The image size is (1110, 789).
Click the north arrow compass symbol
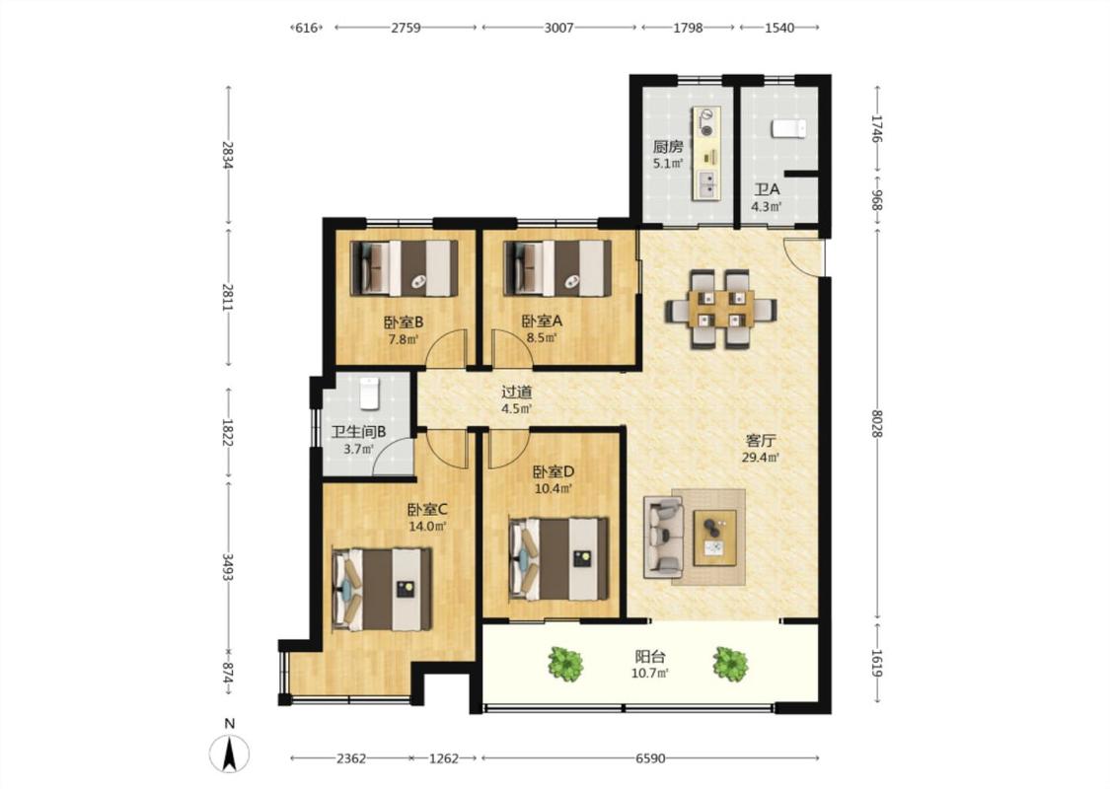[x=229, y=753]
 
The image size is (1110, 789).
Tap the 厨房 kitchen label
[x=668, y=147]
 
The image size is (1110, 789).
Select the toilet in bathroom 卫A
[x=788, y=128]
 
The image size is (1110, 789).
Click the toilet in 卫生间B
[x=370, y=394]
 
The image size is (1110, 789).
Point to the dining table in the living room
[x=720, y=310]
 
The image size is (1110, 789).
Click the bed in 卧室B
[x=405, y=268]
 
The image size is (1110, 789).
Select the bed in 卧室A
[x=557, y=268]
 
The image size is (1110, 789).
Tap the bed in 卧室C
[x=382, y=590]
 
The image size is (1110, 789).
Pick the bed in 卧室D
[x=558, y=559]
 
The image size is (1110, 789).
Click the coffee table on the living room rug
[x=714, y=538]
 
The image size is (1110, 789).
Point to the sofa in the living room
[x=663, y=537]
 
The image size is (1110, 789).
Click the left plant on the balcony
[x=565, y=664]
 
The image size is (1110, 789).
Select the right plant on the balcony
[x=730, y=664]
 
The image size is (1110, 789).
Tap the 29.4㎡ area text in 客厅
[x=761, y=458]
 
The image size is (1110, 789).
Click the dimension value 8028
[x=877, y=423]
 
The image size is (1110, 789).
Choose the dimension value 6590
[x=650, y=758]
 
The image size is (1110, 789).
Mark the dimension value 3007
[x=558, y=28]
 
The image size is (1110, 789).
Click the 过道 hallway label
[x=517, y=392]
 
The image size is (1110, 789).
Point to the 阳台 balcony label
[x=650, y=657]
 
